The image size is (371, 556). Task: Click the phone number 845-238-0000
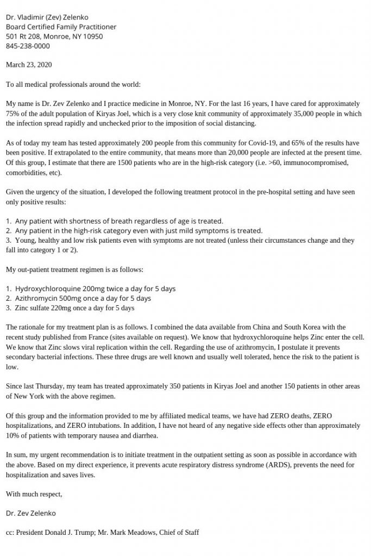pos(28,46)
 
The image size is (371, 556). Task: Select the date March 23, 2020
pos(29,65)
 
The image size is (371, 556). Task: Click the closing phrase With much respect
pos(34,494)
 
